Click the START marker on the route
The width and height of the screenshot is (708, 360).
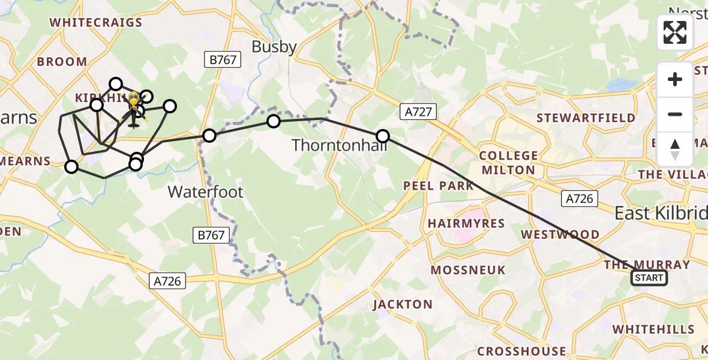point(649,278)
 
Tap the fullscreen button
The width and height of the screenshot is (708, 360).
point(675,32)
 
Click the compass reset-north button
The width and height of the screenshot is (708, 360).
point(675,149)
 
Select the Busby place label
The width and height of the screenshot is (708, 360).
point(274,47)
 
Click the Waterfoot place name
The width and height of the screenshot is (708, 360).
point(205,192)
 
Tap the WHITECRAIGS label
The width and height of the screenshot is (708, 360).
point(96,23)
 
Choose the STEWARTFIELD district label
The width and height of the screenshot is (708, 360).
point(586,118)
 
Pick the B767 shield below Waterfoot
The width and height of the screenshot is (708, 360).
point(212,235)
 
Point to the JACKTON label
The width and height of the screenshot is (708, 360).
point(403,304)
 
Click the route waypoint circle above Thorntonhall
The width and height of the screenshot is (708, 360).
point(382,136)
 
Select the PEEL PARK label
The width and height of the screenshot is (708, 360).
point(439,186)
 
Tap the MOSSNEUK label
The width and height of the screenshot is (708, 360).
point(468,270)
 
